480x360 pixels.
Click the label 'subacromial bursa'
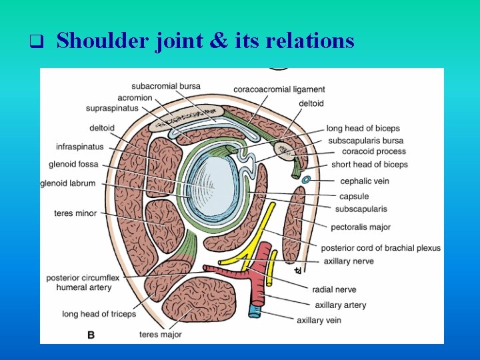pyautogui.click(x=166, y=86)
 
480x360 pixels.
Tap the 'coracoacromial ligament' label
pyautogui.click(x=279, y=89)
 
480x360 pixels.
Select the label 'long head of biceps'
pyautogui.click(x=363, y=128)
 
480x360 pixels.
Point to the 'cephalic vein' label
pyautogui.click(x=365, y=181)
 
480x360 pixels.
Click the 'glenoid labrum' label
pyautogui.click(x=68, y=183)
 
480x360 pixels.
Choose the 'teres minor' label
pyautogui.click(x=75, y=213)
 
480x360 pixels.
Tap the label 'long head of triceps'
pyautogui.click(x=99, y=313)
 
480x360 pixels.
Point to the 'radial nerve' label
pyautogui.click(x=334, y=289)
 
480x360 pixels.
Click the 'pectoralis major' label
pyautogui.click(x=361, y=227)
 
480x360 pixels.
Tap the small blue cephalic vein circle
pyautogui.click(x=306, y=179)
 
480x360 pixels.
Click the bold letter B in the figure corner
pyautogui.click(x=91, y=334)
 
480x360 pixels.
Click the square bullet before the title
pyautogui.click(x=37, y=43)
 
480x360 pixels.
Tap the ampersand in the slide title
pyautogui.click(x=217, y=41)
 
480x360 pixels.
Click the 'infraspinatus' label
pyautogui.click(x=79, y=146)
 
